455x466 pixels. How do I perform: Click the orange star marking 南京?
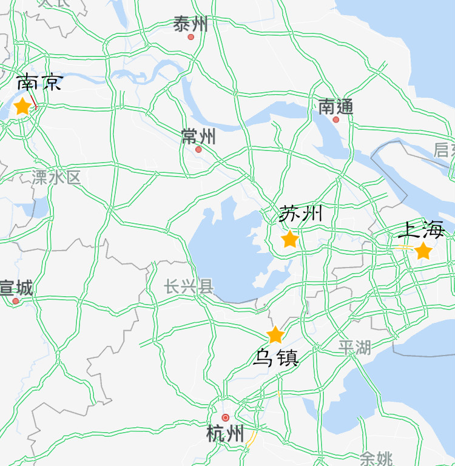pos(22,106)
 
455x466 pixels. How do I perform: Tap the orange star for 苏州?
pos(290,239)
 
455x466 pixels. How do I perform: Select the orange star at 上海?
pos(423,251)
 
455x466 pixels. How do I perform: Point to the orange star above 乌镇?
pos(275,335)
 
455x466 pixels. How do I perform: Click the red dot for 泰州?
pos(191,37)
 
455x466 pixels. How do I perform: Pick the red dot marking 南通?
pos(336,120)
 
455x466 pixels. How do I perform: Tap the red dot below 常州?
pos(198,149)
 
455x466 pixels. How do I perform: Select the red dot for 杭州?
pos(226,417)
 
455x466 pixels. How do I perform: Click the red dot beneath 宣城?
pos(16,301)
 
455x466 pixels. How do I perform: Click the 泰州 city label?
pos(190,24)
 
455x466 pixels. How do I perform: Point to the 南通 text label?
pos(335,107)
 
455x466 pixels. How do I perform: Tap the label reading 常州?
pos(198,137)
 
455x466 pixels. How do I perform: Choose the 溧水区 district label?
pos(56,178)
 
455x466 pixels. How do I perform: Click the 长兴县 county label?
pos(189,286)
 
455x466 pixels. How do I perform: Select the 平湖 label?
pos(355,348)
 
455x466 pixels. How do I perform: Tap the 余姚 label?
pos(376,458)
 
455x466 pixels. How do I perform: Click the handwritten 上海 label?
pos(422,230)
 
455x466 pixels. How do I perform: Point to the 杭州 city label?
pos(225,434)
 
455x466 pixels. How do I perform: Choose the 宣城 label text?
pos(16,287)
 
